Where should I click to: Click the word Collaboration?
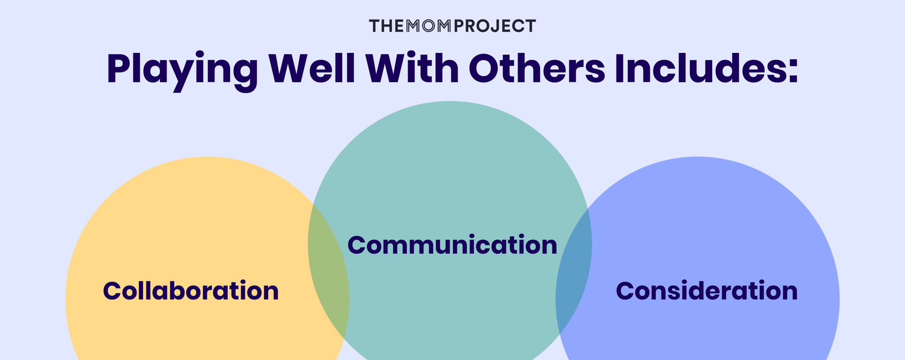(191, 291)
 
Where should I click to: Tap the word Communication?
(452, 245)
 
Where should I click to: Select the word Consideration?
(706, 291)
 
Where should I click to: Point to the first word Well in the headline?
(312, 69)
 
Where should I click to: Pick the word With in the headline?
(412, 69)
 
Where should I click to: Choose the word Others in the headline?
(537, 69)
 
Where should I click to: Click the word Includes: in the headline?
(706, 69)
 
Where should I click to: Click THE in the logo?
(386, 26)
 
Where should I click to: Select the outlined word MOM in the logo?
(429, 26)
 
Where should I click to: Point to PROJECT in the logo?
(495, 26)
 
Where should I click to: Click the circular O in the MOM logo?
(429, 26)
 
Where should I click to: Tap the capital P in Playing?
(118, 69)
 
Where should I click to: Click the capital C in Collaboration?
(113, 291)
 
